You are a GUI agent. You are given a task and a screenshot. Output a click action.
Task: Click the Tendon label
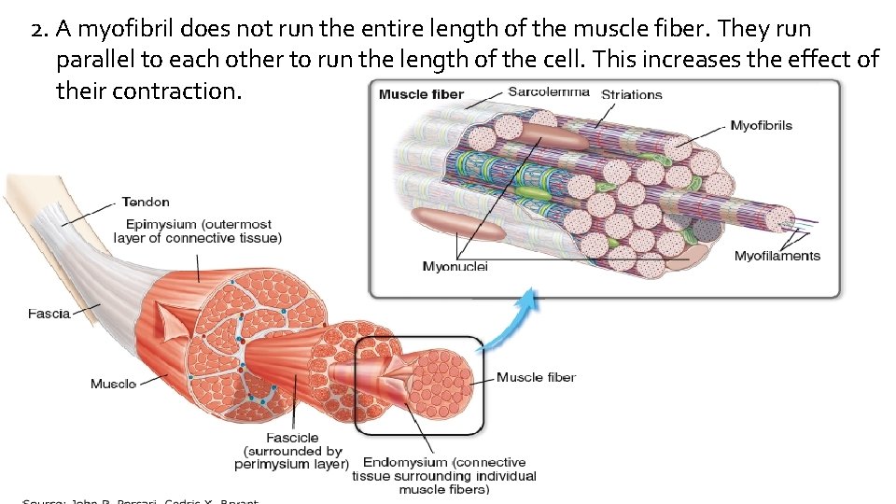click(x=146, y=202)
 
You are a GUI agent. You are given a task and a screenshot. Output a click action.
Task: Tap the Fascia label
click(x=49, y=314)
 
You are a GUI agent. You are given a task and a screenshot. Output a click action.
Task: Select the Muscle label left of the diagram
click(x=113, y=384)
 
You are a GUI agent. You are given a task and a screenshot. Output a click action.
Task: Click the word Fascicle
click(x=292, y=438)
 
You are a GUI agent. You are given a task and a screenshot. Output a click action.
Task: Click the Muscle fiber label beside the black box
click(x=536, y=377)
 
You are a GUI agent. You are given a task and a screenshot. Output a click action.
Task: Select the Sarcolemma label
click(x=549, y=91)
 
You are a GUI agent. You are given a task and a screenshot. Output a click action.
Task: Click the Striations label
click(x=632, y=94)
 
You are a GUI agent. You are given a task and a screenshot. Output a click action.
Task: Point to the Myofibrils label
click(x=761, y=126)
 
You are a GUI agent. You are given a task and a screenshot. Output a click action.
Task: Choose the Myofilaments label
click(x=777, y=256)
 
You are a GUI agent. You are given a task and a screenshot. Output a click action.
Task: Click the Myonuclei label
click(x=455, y=267)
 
